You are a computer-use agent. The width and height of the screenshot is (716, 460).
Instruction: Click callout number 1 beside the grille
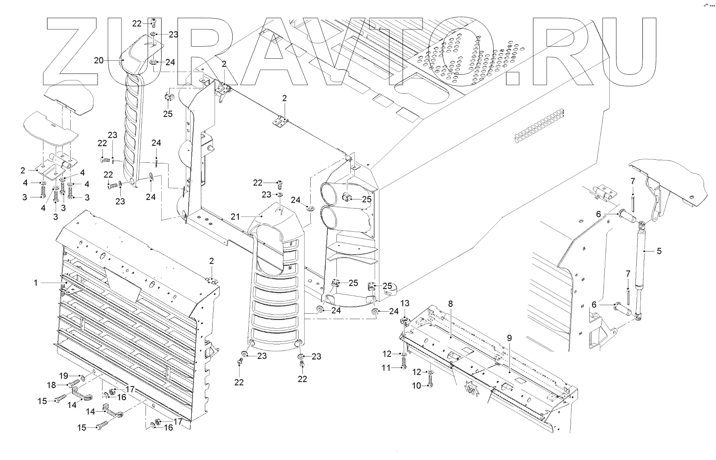click(x=36, y=283)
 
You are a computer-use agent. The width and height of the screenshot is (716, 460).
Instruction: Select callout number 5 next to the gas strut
click(x=659, y=251)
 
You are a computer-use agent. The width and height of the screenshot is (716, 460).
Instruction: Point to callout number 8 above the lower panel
click(x=450, y=304)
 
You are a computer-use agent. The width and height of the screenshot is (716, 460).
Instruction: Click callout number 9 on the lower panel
click(x=509, y=338)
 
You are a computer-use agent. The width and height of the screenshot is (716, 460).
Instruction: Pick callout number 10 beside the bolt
click(x=416, y=386)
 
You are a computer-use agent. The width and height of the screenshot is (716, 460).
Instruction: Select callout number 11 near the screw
click(x=386, y=368)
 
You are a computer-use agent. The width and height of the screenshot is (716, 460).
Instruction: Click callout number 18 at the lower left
click(x=51, y=385)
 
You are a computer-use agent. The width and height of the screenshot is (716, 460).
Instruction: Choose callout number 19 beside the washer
click(x=63, y=376)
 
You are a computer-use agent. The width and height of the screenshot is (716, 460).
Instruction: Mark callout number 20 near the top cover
click(x=99, y=60)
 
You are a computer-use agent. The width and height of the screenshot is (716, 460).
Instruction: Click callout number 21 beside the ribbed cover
click(x=235, y=216)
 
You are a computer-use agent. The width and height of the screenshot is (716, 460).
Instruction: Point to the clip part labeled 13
click(x=404, y=321)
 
